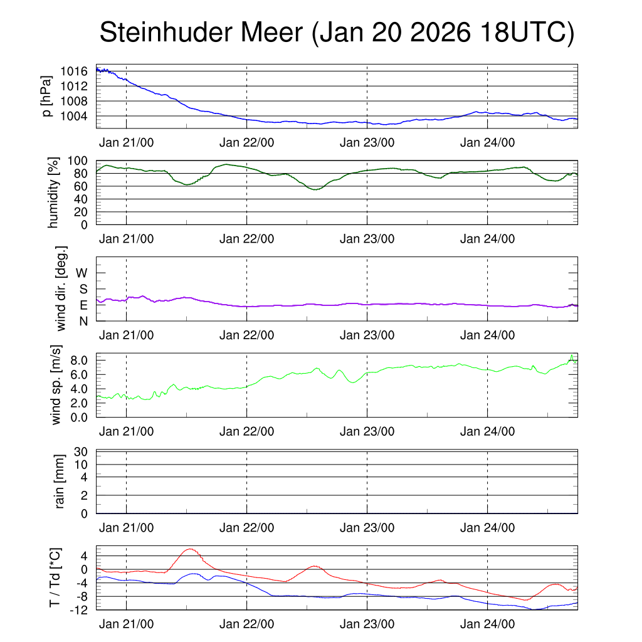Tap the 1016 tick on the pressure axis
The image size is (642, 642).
click(73, 71)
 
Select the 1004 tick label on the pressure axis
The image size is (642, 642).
click(73, 116)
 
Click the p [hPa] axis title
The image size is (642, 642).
click(47, 97)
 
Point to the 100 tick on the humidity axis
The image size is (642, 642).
click(80, 160)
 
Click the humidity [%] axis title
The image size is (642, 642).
click(53, 192)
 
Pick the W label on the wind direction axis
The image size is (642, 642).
click(82, 273)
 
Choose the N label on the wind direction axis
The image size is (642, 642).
click(83, 321)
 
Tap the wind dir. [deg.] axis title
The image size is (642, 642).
click(61, 288)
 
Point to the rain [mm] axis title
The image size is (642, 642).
click(61, 481)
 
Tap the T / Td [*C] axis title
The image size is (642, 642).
click(55, 578)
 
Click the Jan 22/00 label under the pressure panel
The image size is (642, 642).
click(246, 142)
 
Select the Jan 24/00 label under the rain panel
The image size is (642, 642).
click(487, 527)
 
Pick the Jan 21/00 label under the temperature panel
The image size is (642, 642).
click(126, 624)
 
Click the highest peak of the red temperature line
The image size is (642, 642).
click(189, 549)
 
